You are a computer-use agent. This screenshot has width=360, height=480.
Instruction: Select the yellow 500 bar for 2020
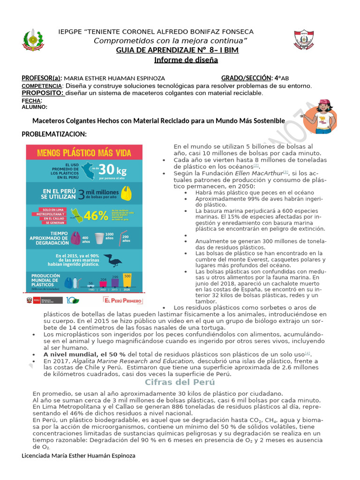127,280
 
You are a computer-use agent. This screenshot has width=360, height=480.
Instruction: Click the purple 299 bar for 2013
115,281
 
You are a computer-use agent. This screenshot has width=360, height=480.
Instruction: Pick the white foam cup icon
99,240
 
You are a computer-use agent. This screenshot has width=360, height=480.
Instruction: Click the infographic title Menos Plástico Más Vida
83,152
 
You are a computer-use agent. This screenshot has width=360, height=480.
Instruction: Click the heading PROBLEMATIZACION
54,135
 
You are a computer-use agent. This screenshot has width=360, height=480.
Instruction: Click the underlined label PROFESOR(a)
42,78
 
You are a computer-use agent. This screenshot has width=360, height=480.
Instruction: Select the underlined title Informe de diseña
186,60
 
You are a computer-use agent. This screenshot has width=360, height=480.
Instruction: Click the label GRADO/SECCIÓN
247,78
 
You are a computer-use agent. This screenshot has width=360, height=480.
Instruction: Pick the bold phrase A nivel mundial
71,354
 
